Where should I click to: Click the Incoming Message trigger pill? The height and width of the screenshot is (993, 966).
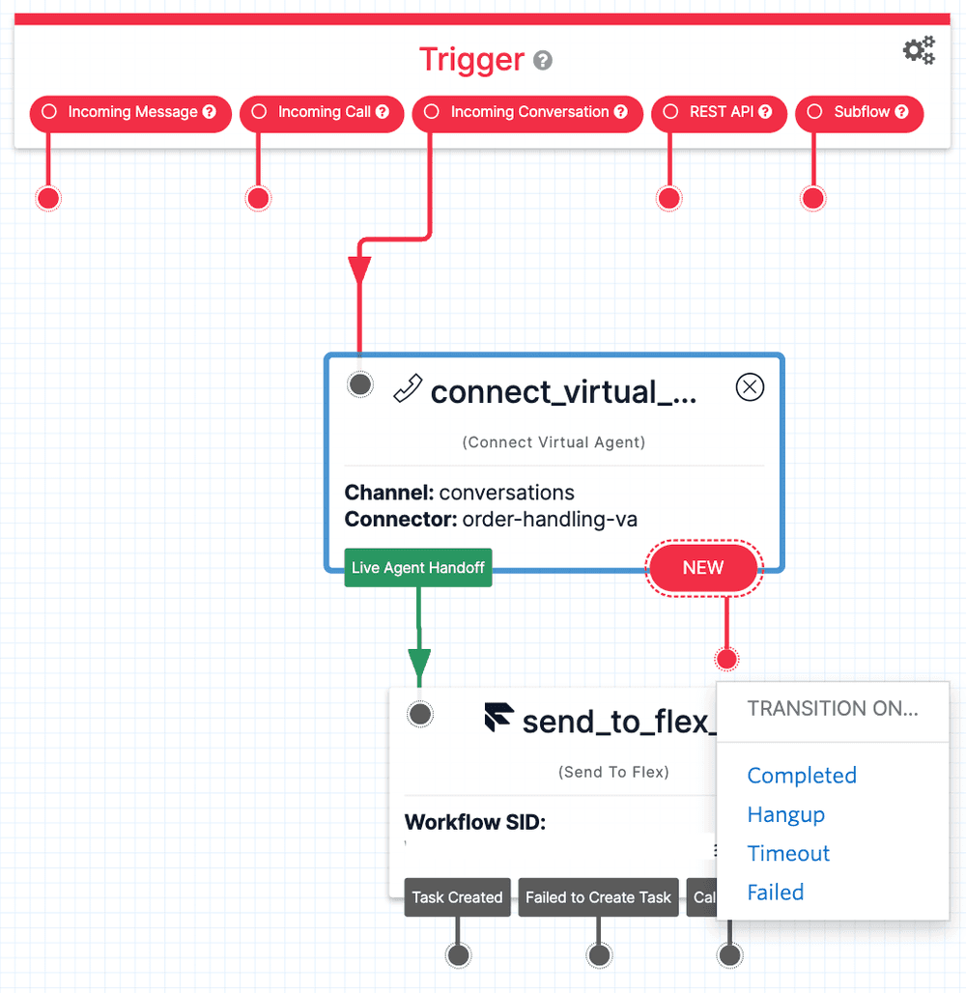131,112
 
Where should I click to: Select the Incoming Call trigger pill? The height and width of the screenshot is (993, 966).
322,112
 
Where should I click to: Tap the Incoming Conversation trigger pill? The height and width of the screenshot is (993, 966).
527,112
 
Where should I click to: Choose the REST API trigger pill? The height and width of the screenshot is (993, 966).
720,112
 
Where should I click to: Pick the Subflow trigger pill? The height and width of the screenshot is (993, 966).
859,112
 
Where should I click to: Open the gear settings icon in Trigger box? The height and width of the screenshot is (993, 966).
919,50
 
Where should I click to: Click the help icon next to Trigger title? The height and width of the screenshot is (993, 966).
543,61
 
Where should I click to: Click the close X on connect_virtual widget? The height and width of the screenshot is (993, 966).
750,387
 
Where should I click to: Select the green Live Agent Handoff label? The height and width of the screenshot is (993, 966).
418,568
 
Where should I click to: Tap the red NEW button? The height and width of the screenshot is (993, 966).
703,568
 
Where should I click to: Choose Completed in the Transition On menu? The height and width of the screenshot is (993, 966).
802,776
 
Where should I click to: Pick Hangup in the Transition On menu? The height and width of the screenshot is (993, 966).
785,814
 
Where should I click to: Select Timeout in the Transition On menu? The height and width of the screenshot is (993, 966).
788,853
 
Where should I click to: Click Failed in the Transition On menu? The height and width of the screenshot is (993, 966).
775,893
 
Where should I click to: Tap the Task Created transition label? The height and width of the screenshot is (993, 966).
457,897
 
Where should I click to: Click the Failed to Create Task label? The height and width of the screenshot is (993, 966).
598,897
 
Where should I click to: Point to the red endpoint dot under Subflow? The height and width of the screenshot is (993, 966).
813,198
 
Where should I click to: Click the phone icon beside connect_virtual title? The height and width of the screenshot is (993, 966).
408,389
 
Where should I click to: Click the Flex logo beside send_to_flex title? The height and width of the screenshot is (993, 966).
498,718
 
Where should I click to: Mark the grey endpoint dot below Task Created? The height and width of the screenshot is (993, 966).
458,955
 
